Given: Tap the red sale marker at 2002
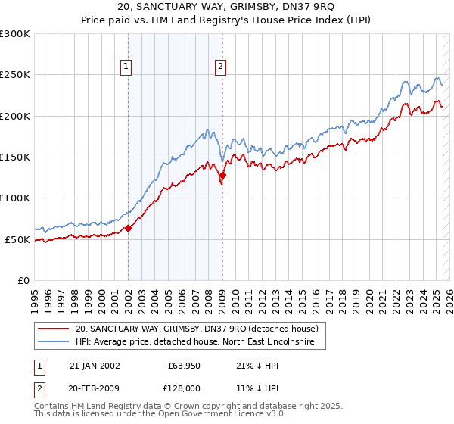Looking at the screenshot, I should coord(128,227).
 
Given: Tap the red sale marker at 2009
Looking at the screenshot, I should coord(222,175).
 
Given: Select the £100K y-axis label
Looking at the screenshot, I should coord(15,198).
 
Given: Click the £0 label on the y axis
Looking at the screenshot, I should coord(23,280).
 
